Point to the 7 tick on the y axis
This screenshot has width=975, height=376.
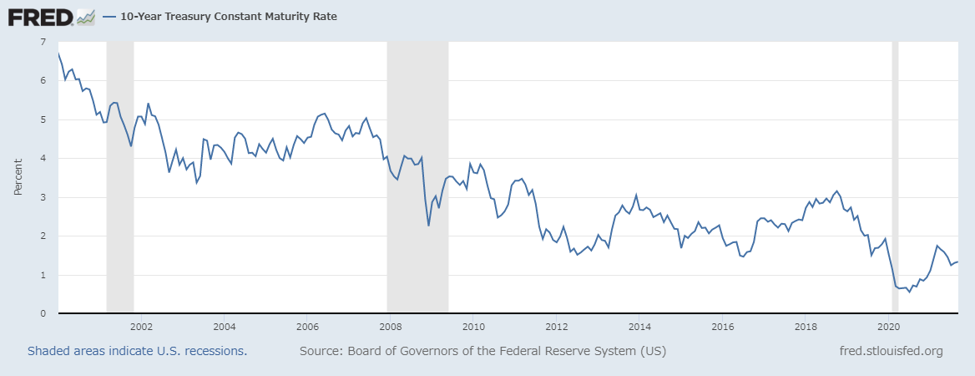[43, 42]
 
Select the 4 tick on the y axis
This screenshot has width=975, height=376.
[43, 158]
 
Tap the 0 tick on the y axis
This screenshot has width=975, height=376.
[43, 313]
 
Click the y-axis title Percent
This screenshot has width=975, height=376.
[18, 177]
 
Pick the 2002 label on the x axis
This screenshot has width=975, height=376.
[140, 326]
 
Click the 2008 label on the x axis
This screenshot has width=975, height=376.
[391, 326]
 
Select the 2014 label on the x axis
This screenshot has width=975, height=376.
[640, 326]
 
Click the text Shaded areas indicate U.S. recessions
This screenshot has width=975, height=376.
[137, 351]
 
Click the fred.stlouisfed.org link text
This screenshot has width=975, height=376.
[891, 351]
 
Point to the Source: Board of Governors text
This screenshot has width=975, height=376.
[482, 351]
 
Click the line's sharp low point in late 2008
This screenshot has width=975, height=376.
[428, 226]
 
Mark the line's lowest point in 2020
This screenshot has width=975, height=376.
[910, 292]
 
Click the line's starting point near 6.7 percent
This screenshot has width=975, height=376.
[58, 53]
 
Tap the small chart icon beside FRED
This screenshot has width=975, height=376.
[85, 16]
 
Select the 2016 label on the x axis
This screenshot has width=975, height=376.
[724, 326]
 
